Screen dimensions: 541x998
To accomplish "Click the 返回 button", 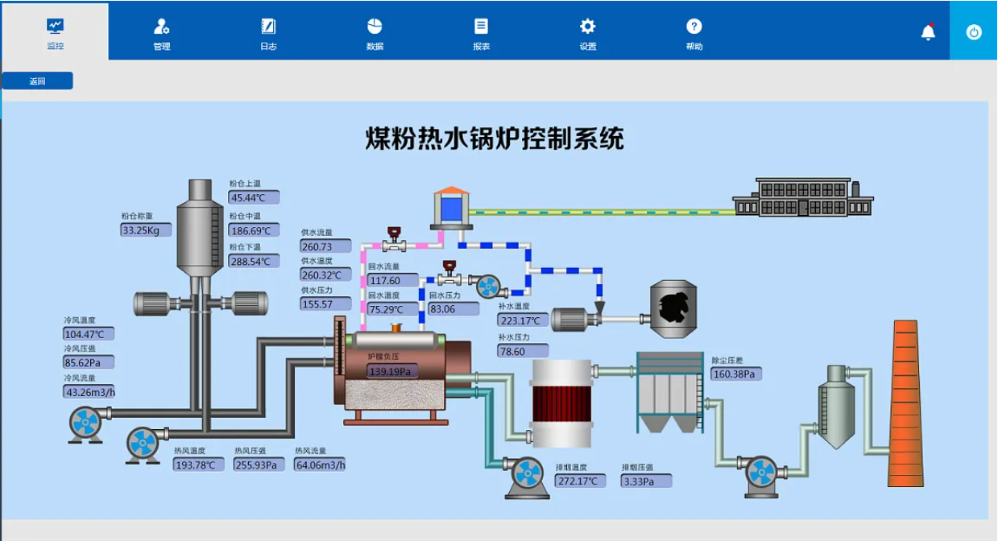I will coord(37,81).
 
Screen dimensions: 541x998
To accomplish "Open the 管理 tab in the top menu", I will coord(162,35).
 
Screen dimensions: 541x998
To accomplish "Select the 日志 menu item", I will coord(268,35).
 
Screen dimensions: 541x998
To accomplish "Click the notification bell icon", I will coord(928,32).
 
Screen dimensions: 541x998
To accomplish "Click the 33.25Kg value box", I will coord(146,230).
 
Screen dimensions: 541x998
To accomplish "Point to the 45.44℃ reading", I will coord(254,197).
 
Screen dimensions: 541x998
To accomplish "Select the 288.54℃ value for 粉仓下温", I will coord(254,262).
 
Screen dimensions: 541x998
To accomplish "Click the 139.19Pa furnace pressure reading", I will coord(392,371).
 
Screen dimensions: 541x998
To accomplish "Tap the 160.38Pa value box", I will coord(736,374).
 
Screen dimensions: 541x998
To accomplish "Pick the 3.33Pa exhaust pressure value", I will coord(646,481).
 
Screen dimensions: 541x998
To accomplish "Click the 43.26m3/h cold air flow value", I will coord(89,392).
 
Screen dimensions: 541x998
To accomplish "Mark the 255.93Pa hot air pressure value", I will coord(259,465).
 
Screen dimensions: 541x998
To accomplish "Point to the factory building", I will coord(803,198).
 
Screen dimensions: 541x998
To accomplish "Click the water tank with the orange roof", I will coord(449,208).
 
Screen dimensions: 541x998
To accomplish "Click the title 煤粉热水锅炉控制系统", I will coord(495,138).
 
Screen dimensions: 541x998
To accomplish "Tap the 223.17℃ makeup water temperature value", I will coord(523,320).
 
